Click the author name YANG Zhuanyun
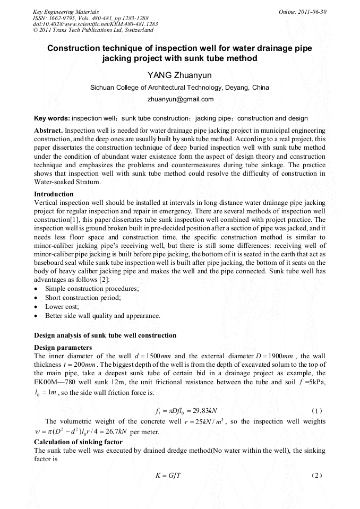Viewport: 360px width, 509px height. [180, 75]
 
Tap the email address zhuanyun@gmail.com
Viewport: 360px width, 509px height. [180, 99]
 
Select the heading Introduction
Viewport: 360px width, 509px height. [54, 194]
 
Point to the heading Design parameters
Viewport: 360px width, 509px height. [63, 348]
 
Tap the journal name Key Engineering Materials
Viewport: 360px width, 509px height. [65, 12]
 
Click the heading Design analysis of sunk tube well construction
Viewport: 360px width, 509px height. [105, 335]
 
